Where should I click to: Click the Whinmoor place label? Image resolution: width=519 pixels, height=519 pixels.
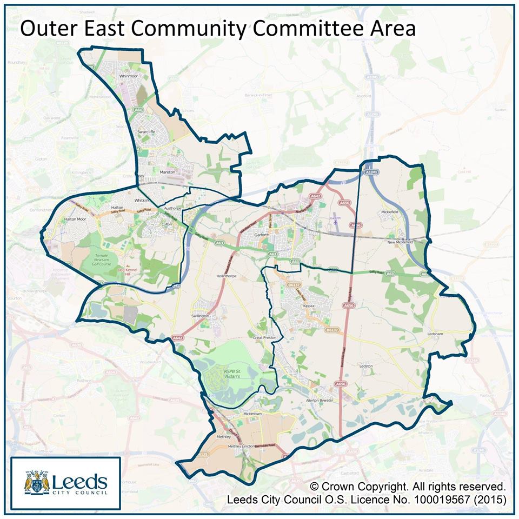point(129,77)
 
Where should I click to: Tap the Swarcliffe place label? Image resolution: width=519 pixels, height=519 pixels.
point(146,131)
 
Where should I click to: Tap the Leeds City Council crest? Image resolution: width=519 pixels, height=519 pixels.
point(37,482)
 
